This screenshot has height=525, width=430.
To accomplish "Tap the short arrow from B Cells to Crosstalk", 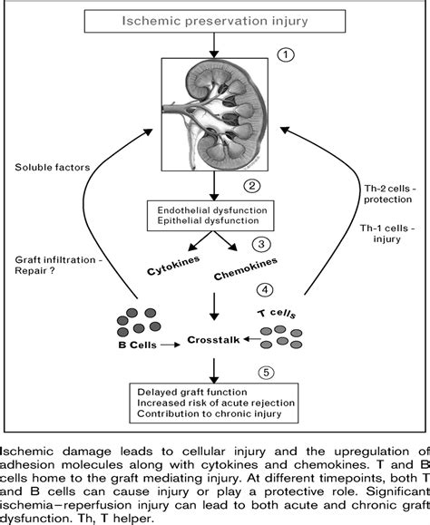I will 171,345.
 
